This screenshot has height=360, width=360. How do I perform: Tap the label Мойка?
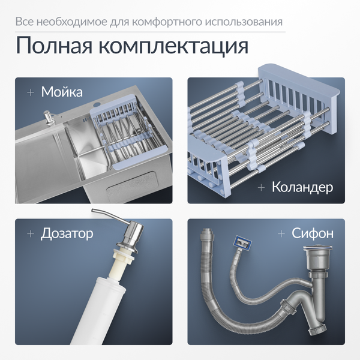click(x=62, y=92)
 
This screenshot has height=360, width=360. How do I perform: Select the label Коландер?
click(x=302, y=187)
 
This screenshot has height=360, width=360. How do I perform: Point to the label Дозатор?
click(x=67, y=233)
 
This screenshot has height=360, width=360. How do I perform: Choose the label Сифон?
click(x=313, y=233)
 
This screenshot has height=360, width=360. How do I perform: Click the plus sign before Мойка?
click(x=30, y=92)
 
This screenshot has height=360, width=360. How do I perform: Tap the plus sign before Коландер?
click(x=261, y=187)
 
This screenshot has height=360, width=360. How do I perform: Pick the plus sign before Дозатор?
click(x=30, y=233)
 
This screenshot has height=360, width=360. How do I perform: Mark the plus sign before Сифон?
click(x=280, y=233)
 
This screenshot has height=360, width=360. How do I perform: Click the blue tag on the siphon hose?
click(x=242, y=242)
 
